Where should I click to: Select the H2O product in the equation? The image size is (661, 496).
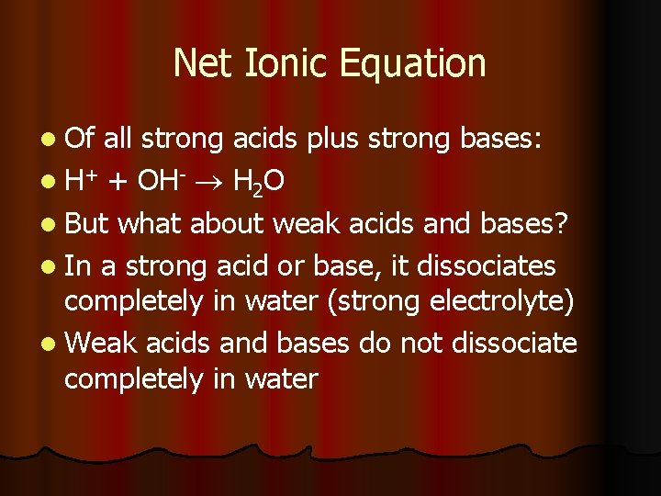pyautogui.click(x=256, y=184)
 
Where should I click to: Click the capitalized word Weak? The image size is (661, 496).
pyautogui.click(x=101, y=344)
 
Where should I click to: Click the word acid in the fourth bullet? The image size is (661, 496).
pyautogui.click(x=247, y=266)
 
